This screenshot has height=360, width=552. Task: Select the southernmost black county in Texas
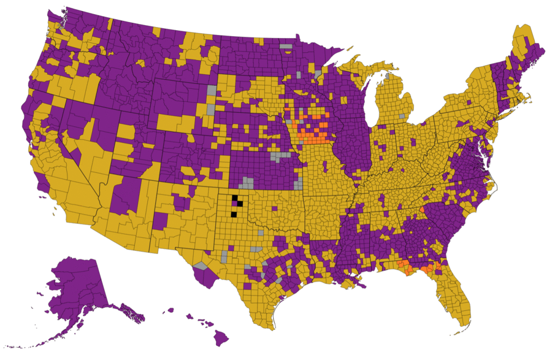tap(234, 213)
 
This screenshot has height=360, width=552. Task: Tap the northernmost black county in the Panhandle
tap(234, 197)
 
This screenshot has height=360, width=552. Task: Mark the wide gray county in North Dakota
tap(286, 46)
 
